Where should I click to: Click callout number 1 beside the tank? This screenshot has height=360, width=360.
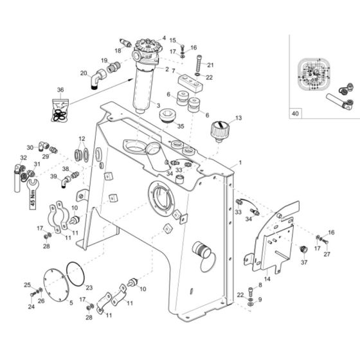(x=240, y=164)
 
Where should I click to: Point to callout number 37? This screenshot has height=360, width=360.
(x=304, y=262)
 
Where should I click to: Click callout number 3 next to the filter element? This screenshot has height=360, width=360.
(x=158, y=105)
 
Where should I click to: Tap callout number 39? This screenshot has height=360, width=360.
(x=55, y=176)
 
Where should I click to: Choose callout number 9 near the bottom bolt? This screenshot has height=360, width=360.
(x=259, y=300)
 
